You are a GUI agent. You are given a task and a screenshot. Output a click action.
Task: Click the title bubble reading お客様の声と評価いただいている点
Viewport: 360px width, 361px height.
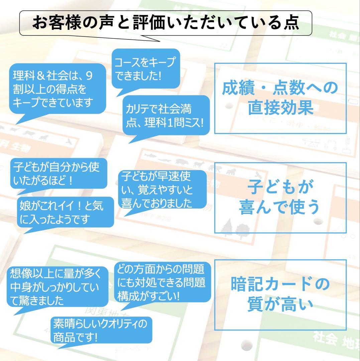click(165, 23)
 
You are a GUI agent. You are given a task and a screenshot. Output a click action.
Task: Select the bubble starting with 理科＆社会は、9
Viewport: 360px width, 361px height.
click(57, 89)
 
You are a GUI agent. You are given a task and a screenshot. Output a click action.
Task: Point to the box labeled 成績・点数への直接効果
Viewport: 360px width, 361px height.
click(280, 98)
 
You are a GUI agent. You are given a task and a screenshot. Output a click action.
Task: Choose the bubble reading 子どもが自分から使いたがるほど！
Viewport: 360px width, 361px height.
click(59, 173)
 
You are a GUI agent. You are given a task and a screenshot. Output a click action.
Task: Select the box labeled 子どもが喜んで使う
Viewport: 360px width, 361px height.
click(280, 198)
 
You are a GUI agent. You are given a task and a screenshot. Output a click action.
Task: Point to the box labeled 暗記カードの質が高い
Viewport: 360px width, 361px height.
click(280, 295)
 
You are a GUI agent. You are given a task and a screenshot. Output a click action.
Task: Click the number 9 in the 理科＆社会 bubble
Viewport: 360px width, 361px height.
click(89, 76)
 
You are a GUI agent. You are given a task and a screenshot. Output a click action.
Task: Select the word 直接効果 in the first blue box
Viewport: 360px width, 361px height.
click(280, 108)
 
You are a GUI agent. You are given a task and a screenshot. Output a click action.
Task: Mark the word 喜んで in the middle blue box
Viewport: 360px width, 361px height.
click(262, 207)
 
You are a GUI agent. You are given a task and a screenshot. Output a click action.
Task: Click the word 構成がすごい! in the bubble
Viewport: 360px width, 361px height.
click(148, 296)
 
